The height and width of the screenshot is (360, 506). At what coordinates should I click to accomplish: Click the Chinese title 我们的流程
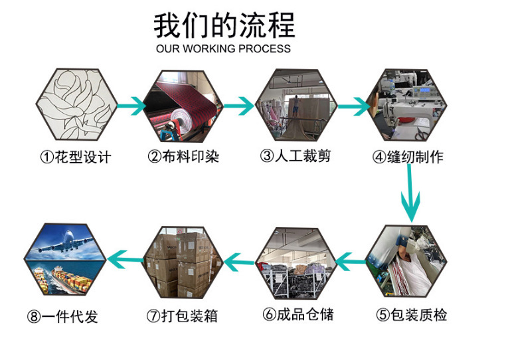click(224, 25)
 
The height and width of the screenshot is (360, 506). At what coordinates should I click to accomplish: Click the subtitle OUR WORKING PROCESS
click(223, 48)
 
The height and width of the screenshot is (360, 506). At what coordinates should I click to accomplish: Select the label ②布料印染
click(183, 157)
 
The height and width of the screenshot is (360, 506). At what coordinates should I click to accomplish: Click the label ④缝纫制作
click(408, 157)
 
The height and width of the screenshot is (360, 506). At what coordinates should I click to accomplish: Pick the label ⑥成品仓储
click(298, 314)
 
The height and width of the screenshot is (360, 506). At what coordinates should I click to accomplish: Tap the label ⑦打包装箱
click(182, 315)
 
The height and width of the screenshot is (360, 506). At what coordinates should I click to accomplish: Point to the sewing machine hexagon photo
click(408, 105)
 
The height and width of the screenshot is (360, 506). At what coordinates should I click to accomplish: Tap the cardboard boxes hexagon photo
click(183, 262)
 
